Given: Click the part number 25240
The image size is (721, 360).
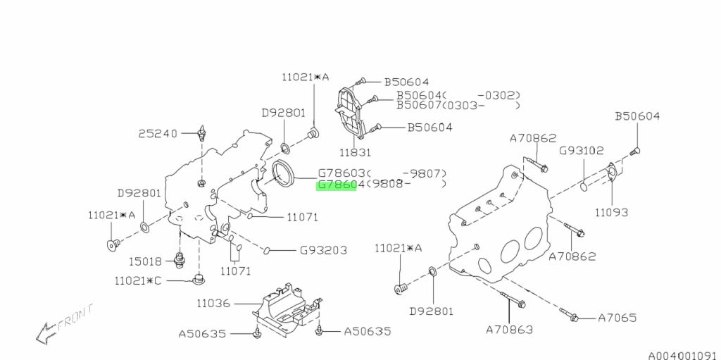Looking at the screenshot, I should click(158, 132).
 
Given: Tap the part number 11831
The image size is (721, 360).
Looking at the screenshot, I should click(356, 151).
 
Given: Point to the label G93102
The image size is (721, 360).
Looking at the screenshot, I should click(582, 150).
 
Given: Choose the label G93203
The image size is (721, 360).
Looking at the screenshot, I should click(323, 249).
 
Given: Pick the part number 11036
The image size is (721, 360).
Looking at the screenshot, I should click(213, 304).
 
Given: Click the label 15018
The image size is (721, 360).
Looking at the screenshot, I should click(144, 261).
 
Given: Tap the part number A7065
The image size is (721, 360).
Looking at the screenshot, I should click(617, 318).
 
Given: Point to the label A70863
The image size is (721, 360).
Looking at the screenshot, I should click(509, 329).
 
